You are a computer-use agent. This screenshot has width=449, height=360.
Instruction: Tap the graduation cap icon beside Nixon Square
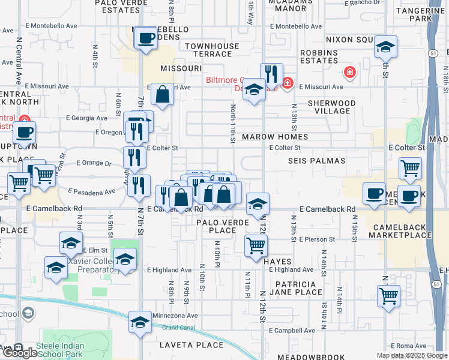pos(385,47)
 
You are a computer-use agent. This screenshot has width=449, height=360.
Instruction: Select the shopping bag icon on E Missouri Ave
pos(163,94)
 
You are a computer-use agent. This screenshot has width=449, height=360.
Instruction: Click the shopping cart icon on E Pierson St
pos(256,245)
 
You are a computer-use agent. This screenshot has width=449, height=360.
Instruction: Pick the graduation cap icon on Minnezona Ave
pos(140,323)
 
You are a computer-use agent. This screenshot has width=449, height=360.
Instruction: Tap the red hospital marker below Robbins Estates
pos(349,73)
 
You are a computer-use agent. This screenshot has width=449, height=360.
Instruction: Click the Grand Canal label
pos(178,327)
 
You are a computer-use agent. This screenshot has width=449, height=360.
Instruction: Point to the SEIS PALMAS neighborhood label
pos(316,161)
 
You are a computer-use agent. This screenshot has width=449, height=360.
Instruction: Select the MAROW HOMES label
pos(275,137)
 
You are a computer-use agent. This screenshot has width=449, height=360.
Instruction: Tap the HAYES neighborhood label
pos(277,262)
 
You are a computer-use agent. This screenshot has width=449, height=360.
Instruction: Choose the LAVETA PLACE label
pos(191,345)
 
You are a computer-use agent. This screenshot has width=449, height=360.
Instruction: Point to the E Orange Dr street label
pos(94,163)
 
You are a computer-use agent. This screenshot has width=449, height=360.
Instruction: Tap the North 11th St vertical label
pos(233,124)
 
